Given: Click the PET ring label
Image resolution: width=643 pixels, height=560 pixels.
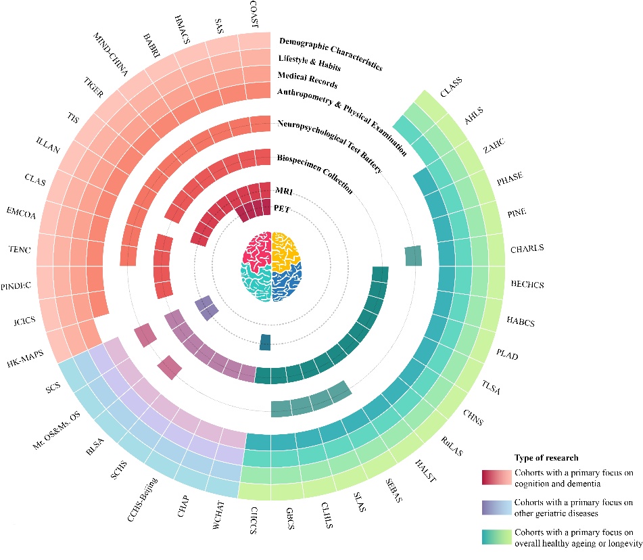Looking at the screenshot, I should tap(282, 209).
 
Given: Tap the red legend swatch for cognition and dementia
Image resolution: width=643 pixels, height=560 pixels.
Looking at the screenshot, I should tap(496, 477).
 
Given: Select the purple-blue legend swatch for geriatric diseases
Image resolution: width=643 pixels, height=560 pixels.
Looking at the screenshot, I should tap(496, 507).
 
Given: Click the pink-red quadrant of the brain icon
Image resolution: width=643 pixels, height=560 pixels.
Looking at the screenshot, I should tap(257, 246).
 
